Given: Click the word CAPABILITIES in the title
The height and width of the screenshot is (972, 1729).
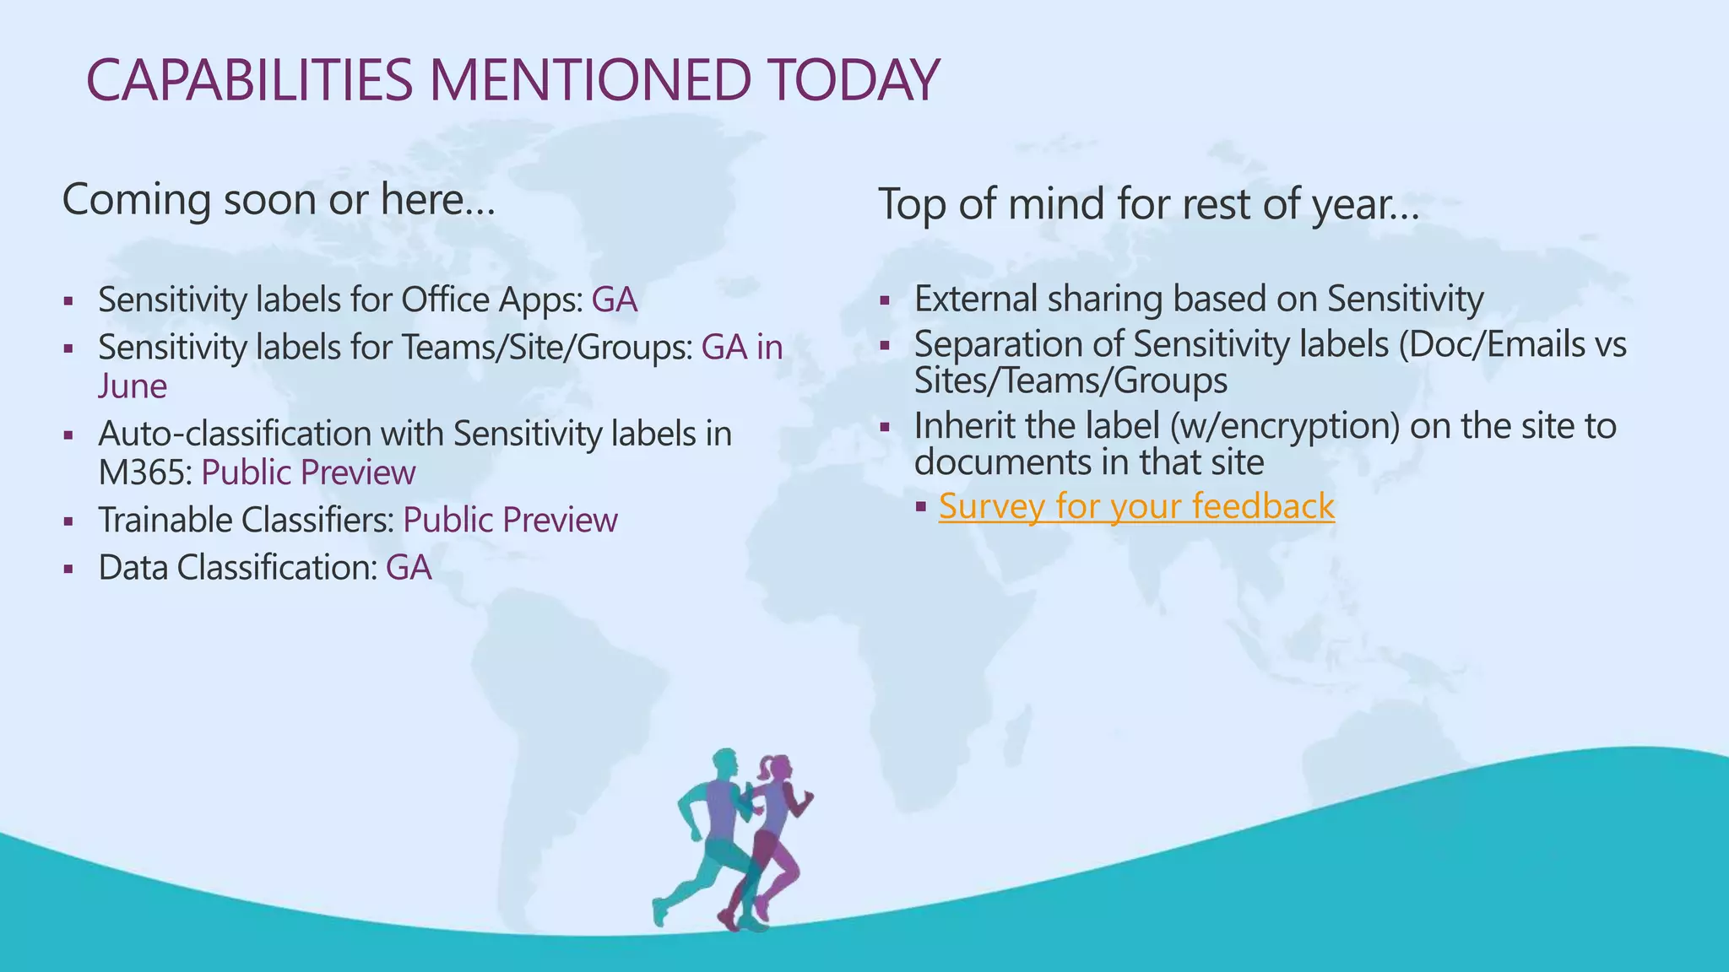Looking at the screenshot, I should point(249,80).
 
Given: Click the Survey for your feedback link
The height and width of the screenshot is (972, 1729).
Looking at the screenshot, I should point(1136,506).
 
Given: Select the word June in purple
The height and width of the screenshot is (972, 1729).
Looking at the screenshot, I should point(133,386).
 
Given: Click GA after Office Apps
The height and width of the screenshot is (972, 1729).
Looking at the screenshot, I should point(614,300).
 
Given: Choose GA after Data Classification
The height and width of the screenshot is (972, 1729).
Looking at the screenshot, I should point(409,568).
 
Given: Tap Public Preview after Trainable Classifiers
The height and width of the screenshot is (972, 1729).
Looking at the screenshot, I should point(510,521).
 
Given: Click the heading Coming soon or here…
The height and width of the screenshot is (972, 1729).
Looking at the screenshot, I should point(278,200).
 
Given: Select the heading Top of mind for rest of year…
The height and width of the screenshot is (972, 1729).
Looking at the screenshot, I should point(1148,204).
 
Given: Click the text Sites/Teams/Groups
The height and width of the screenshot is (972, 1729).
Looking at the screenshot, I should point(1070,381).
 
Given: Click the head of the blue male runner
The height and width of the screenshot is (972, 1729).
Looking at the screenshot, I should point(725,764).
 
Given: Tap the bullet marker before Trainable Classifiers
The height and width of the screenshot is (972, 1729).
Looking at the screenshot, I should point(68,521).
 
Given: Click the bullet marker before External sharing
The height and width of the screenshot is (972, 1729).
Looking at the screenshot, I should point(884,300).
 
